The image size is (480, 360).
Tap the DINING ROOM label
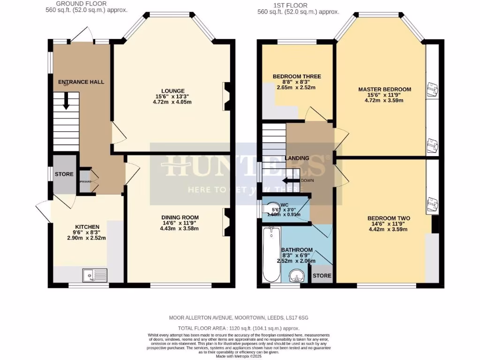pyautogui.click(x=180, y=217)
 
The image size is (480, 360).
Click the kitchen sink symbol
pyautogui.click(x=95, y=275)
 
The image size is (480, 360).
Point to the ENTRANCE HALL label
pyautogui.click(x=81, y=82)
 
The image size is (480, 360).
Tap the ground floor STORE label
pyautogui.click(x=64, y=174)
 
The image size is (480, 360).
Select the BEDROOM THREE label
pyautogui.click(x=296, y=76)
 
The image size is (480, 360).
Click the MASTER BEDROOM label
pyautogui.click(x=384, y=90)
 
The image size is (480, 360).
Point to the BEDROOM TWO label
pyautogui.click(x=389, y=218)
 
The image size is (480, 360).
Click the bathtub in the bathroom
pyautogui.click(x=271, y=254)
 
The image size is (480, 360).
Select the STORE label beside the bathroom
pyautogui.click(x=322, y=276)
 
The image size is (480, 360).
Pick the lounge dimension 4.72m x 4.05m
pyautogui.click(x=173, y=102)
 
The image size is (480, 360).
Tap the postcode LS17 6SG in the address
pyautogui.click(x=297, y=317)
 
